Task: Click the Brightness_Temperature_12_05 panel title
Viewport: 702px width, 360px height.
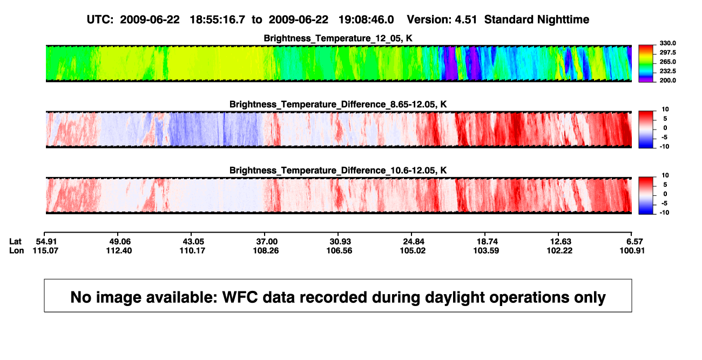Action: [x=338, y=38]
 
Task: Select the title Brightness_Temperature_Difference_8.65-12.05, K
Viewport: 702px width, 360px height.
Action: [x=338, y=104]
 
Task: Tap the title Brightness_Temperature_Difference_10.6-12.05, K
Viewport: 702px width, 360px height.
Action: [x=338, y=171]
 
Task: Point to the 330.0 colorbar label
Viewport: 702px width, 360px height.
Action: [x=667, y=43]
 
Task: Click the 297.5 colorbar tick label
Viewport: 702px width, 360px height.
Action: [x=667, y=52]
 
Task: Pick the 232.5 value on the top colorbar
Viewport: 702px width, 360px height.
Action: [x=667, y=71]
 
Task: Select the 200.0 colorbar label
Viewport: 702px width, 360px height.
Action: [x=667, y=80]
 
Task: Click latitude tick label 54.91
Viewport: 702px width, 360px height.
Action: [x=46, y=242]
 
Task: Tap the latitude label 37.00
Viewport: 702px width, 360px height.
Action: [x=267, y=242]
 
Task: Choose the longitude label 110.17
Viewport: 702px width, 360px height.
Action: [x=192, y=250]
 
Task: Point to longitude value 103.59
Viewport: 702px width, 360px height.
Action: [x=486, y=250]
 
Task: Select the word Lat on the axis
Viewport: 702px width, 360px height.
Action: [x=15, y=242]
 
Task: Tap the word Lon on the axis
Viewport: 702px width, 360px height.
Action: [x=17, y=250]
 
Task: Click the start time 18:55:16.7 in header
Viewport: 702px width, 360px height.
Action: [x=218, y=19]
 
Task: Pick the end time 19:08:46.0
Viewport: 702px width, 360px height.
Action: [x=366, y=19]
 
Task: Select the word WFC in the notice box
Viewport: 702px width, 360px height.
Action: [x=240, y=297]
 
